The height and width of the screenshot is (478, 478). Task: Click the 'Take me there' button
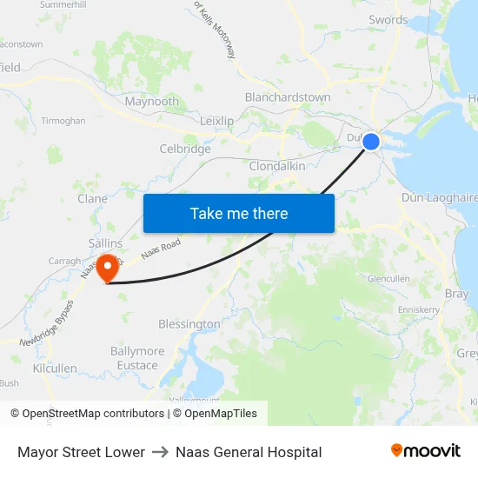pos(239,213)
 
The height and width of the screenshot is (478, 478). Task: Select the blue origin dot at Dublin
pos(371,141)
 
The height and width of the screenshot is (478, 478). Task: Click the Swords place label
pos(388,20)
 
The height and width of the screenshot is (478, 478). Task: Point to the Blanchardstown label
pos(288,97)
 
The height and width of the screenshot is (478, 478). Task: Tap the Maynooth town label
pos(152,102)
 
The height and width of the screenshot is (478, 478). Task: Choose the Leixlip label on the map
pos(216,121)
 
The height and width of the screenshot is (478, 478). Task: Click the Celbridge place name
pos(185,149)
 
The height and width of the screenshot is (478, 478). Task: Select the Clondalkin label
pos(276,165)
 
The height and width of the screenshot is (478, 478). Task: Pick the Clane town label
pos(93,199)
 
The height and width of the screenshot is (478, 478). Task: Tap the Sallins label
pos(105,244)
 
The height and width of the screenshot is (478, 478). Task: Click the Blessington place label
pos(189,324)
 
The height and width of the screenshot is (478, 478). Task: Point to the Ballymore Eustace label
pos(137,358)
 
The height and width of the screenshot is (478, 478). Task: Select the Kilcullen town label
pos(55,368)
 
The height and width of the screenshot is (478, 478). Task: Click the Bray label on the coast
pos(456,294)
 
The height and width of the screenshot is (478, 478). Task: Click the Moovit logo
pos(425,451)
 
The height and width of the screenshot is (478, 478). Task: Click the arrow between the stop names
pos(160,452)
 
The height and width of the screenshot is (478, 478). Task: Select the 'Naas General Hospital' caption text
pos(249,452)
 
